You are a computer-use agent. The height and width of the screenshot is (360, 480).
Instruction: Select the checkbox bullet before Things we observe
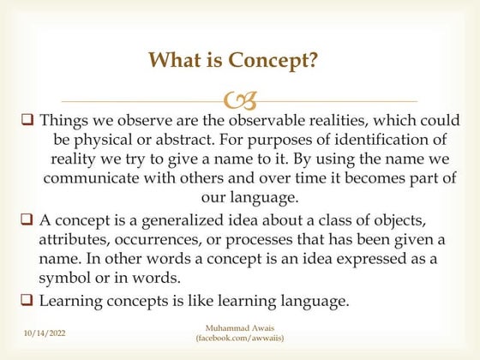pos(27,121)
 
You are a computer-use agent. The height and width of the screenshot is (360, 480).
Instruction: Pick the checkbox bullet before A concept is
pos(27,220)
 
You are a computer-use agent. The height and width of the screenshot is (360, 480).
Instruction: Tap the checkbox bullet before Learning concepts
pos(27,300)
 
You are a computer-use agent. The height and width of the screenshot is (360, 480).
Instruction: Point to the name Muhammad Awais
pos(239,327)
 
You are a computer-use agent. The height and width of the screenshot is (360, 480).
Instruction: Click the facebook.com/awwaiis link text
pos(239,339)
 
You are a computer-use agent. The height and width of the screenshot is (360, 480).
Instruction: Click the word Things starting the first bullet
pos(64,121)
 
